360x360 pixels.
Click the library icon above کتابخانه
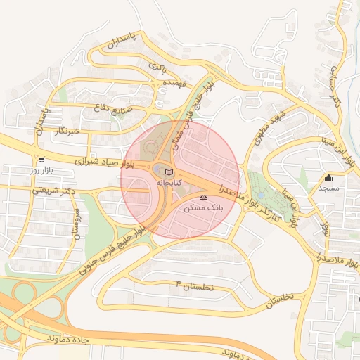coord(168,172)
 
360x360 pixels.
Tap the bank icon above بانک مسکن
coord(203,198)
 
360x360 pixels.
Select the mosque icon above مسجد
coord(328,177)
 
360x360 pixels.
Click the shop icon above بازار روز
coord(41,160)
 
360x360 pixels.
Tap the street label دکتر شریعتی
coord(53,190)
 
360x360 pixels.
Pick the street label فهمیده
coord(173,83)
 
